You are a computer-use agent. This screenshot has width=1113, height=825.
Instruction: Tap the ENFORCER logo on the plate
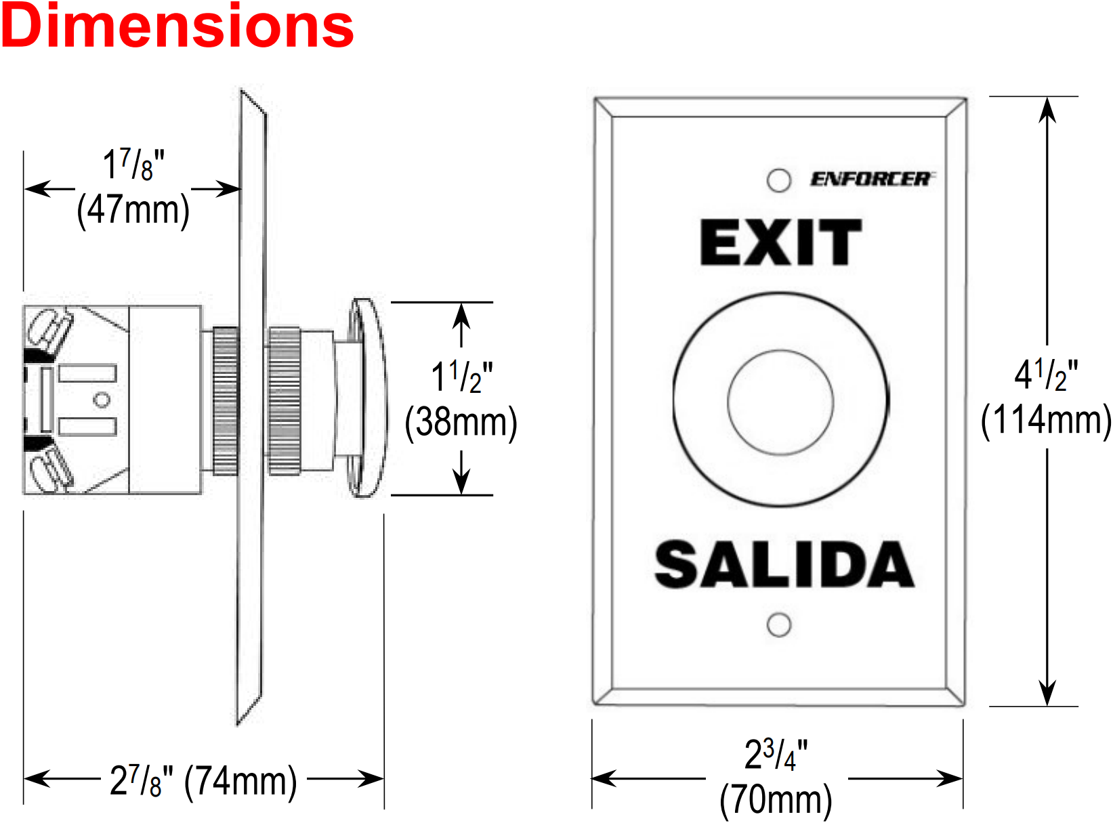[870, 179]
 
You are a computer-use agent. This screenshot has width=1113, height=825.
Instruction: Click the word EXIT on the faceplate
[781, 242]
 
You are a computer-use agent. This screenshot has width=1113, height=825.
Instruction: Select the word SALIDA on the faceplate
[784, 564]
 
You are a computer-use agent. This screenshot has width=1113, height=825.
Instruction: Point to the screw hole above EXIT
[779, 180]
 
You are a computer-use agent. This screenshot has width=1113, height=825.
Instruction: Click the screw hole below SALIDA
[779, 625]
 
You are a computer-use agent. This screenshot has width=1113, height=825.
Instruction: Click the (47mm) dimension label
[133, 210]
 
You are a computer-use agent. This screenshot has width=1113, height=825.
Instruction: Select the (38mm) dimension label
[461, 423]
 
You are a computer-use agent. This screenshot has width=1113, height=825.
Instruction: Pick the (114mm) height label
[1046, 420]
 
